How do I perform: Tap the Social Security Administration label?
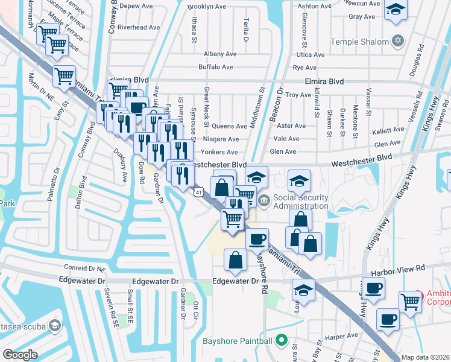click(301, 202)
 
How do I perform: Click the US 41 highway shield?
click(198, 192)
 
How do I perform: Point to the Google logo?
click(20, 354)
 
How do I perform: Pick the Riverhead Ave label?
click(139, 27)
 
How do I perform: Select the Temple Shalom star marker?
click(397, 42)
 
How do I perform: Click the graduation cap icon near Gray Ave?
click(396, 10)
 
